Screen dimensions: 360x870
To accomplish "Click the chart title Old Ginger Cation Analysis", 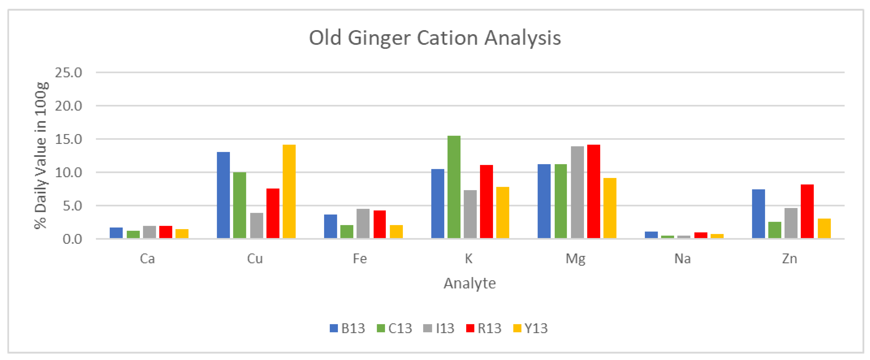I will [x=435, y=38].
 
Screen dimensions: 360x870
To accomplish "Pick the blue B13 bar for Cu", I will [x=223, y=195].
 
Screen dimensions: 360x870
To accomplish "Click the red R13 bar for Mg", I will [x=593, y=192].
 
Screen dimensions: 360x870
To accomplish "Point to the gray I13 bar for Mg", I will [x=577, y=192].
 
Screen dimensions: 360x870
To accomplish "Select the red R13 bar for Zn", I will [x=807, y=211].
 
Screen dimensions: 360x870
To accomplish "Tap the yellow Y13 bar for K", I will [x=503, y=213].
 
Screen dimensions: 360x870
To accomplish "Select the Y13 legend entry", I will [x=530, y=328].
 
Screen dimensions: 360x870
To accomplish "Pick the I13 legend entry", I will [x=439, y=328].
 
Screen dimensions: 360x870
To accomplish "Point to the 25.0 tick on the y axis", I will [x=69, y=73].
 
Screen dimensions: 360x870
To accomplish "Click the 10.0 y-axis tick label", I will [x=69, y=173].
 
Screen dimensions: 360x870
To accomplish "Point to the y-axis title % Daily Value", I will [x=40, y=155].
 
